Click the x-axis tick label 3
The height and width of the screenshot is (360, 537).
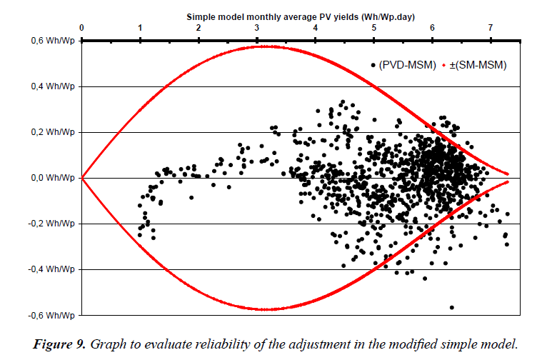pyautogui.click(x=257, y=27)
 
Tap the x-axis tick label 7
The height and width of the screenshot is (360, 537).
pyautogui.click(x=490, y=27)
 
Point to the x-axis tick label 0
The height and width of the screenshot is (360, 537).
pyautogui.click(x=82, y=27)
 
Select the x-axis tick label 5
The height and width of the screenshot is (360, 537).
pyautogui.click(x=373, y=27)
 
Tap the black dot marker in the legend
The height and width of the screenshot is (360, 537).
pyautogui.click(x=373, y=65)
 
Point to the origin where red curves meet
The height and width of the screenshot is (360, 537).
pyautogui.click(x=82, y=178)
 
